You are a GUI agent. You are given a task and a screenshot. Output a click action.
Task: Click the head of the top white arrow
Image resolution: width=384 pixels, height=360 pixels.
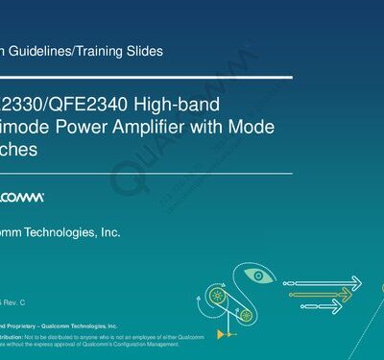click(x=357, y=281)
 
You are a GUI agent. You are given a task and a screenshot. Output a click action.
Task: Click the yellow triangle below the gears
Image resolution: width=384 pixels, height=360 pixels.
click(x=223, y=332)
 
